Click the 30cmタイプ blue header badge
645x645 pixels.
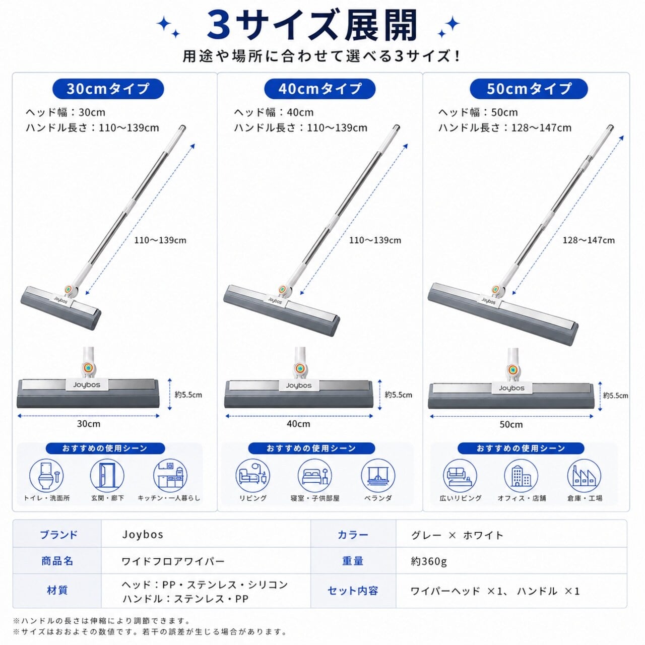click(108, 89)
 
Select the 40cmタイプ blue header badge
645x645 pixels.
click(319, 89)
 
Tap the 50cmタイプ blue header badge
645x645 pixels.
click(529, 89)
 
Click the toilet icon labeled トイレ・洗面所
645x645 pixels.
click(46, 476)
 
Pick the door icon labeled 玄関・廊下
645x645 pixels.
click(107, 476)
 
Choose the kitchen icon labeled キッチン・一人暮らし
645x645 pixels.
click(170, 476)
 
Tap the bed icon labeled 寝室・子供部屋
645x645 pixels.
click(314, 476)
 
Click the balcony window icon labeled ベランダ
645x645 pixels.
click(378, 476)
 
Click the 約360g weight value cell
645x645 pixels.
click(429, 561)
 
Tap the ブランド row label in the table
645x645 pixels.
click(58, 535)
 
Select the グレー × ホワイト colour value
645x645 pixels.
click(457, 535)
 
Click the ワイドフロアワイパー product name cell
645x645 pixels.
click(173, 561)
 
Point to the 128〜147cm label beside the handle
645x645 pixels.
click(589, 240)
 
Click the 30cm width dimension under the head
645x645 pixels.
click(89, 424)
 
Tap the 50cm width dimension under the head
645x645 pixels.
click(511, 424)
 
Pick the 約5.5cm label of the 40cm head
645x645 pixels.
click(398, 395)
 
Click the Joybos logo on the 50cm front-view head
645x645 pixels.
click(511, 388)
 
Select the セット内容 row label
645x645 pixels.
click(352, 591)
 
